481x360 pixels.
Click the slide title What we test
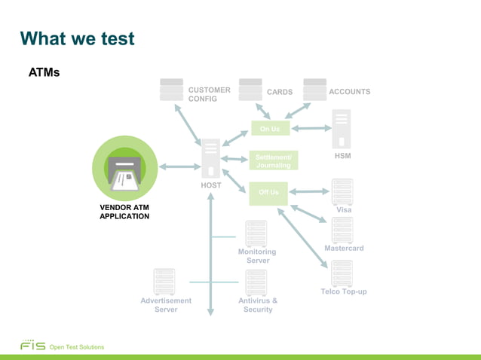coord(77,38)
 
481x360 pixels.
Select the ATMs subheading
coord(44,73)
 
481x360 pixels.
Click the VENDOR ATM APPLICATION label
coord(124,212)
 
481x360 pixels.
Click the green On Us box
coord(269,129)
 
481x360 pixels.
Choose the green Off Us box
coord(269,192)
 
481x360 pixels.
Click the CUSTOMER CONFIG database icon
coord(171,90)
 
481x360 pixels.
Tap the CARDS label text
coord(280,92)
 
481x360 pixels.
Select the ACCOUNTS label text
coord(350,91)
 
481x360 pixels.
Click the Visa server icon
coord(342,191)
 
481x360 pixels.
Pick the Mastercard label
coord(344,249)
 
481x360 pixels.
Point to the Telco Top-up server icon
coord(342,273)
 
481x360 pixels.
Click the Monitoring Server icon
coord(256,233)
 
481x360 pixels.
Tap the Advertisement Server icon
coord(164,282)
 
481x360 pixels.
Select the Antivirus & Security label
coord(258,305)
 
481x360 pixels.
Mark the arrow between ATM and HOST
coord(177,166)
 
